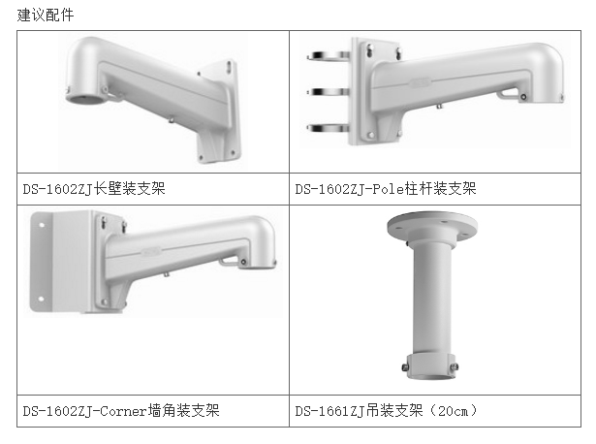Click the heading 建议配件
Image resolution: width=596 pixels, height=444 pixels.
point(46,16)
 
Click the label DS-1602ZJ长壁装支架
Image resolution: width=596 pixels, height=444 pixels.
point(94,188)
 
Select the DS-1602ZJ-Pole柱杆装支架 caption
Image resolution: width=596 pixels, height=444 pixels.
point(386,188)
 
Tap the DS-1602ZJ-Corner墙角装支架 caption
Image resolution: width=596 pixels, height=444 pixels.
point(121,410)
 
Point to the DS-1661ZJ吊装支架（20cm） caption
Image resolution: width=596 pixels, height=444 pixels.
point(386,410)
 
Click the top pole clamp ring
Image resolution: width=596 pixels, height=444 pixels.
point(329,56)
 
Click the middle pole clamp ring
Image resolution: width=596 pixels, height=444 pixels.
point(329,92)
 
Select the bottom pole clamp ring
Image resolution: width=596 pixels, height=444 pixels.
point(329,128)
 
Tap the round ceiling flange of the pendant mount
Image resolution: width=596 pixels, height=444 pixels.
point(432,225)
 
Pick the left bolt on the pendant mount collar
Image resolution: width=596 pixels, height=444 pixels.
point(405,367)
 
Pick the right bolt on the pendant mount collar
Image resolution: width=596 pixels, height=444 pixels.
point(454,366)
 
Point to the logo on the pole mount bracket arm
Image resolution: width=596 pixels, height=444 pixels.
point(420,82)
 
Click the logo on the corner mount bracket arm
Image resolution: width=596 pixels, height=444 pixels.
point(151,251)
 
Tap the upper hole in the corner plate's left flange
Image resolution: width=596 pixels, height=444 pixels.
point(42,225)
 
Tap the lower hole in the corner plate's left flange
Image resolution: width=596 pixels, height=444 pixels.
point(41,299)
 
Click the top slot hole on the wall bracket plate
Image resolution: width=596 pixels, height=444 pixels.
point(230,66)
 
